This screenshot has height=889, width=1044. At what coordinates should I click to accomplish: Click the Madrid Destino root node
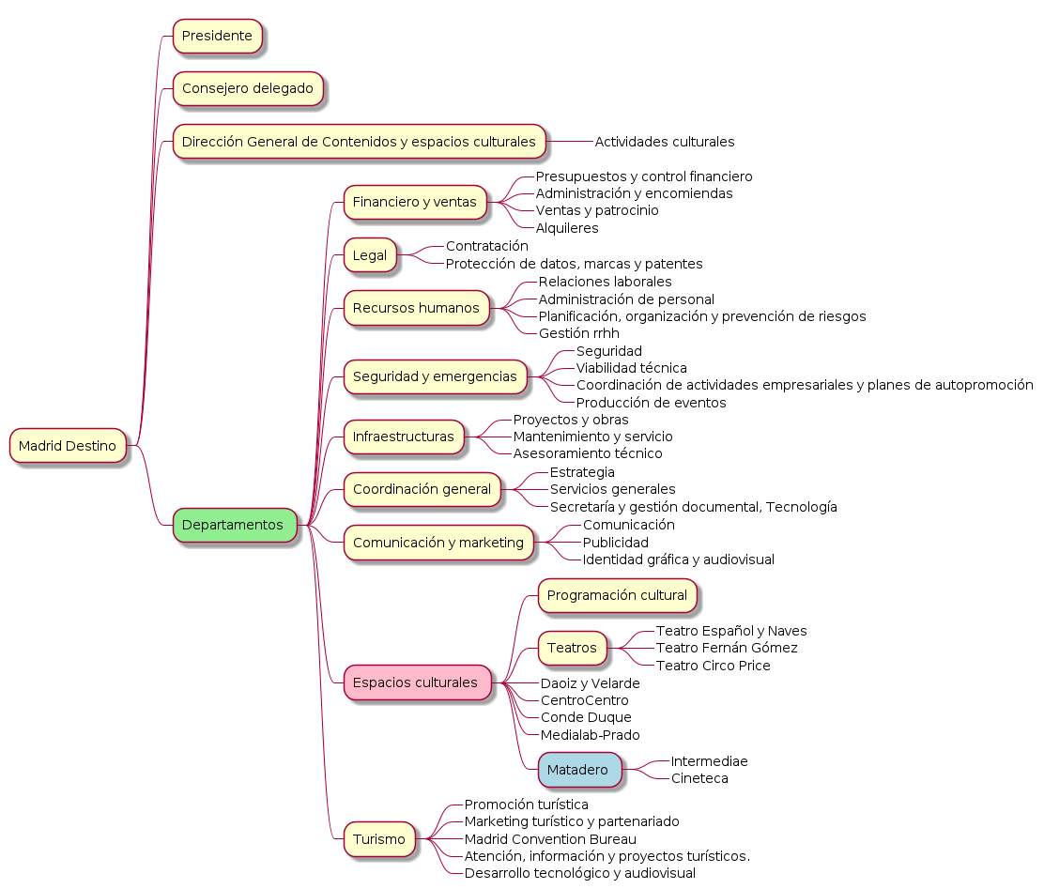(x=68, y=446)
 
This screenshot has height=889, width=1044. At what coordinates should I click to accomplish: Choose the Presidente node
(x=217, y=36)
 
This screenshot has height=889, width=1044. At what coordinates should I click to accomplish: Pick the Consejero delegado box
(x=248, y=88)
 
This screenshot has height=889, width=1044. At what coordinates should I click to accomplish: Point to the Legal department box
(x=370, y=255)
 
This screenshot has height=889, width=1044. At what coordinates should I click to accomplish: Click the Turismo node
(x=379, y=839)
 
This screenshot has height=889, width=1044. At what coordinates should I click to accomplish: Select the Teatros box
(x=572, y=648)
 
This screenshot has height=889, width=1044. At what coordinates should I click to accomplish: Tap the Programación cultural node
(x=617, y=595)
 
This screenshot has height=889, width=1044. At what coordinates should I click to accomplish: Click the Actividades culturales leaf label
(x=665, y=142)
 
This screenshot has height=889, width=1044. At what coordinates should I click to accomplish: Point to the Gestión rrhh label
(x=578, y=333)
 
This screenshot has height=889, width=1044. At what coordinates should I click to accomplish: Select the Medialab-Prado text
(x=590, y=735)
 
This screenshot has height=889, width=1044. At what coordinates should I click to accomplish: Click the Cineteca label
(x=699, y=778)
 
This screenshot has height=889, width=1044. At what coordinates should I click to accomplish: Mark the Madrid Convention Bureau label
(x=550, y=839)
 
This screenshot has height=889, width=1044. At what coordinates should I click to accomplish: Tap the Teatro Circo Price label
(x=714, y=666)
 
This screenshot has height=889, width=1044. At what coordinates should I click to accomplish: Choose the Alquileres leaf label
(x=567, y=228)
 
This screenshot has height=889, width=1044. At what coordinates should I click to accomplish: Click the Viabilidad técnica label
(x=631, y=368)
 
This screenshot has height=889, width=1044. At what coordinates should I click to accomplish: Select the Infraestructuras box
(x=404, y=437)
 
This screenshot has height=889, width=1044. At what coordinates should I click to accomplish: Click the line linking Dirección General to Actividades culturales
(x=569, y=142)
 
